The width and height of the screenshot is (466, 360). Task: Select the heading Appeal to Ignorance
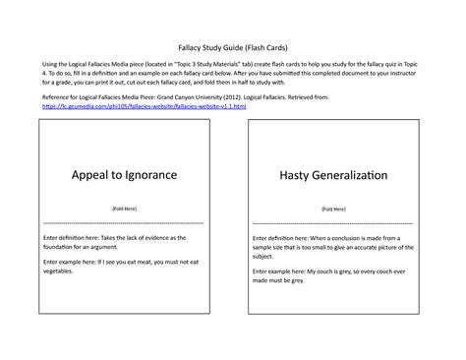pos(124,174)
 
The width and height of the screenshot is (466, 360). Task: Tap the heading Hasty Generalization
pos(333,174)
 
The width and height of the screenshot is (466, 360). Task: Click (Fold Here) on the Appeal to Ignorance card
pos(124,210)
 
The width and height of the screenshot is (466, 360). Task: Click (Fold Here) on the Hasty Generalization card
pos(333,210)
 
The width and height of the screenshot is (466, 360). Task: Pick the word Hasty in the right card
pos(295,174)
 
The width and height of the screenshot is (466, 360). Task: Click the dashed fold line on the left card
pos(124,224)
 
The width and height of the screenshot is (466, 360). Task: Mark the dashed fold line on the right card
pos(333,224)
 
